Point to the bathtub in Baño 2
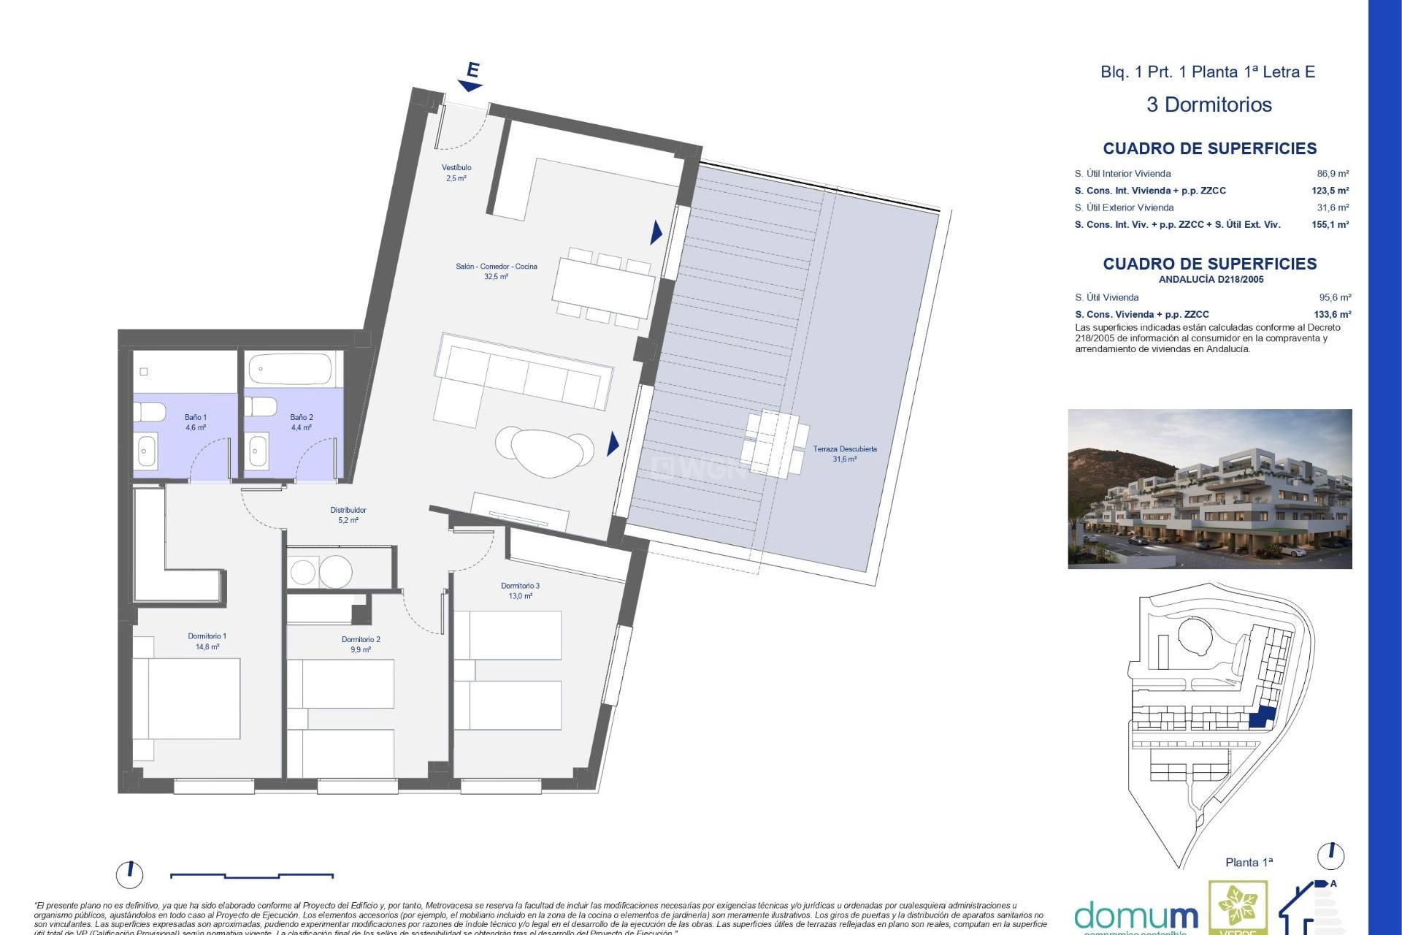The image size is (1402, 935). pyautogui.click(x=291, y=370)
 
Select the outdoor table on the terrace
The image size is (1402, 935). pyautogui.click(x=775, y=443)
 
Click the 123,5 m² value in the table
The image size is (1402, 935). pyautogui.click(x=1330, y=191)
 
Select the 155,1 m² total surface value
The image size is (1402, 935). pyautogui.click(x=1330, y=225)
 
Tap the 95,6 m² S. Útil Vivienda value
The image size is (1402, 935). pyautogui.click(x=1335, y=298)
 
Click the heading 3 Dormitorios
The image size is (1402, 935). pyautogui.click(x=1209, y=105)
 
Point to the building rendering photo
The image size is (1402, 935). pyautogui.click(x=1209, y=489)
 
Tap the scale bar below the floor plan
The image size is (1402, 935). pyautogui.click(x=252, y=875)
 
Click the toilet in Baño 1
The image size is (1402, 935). pyautogui.click(x=150, y=413)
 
